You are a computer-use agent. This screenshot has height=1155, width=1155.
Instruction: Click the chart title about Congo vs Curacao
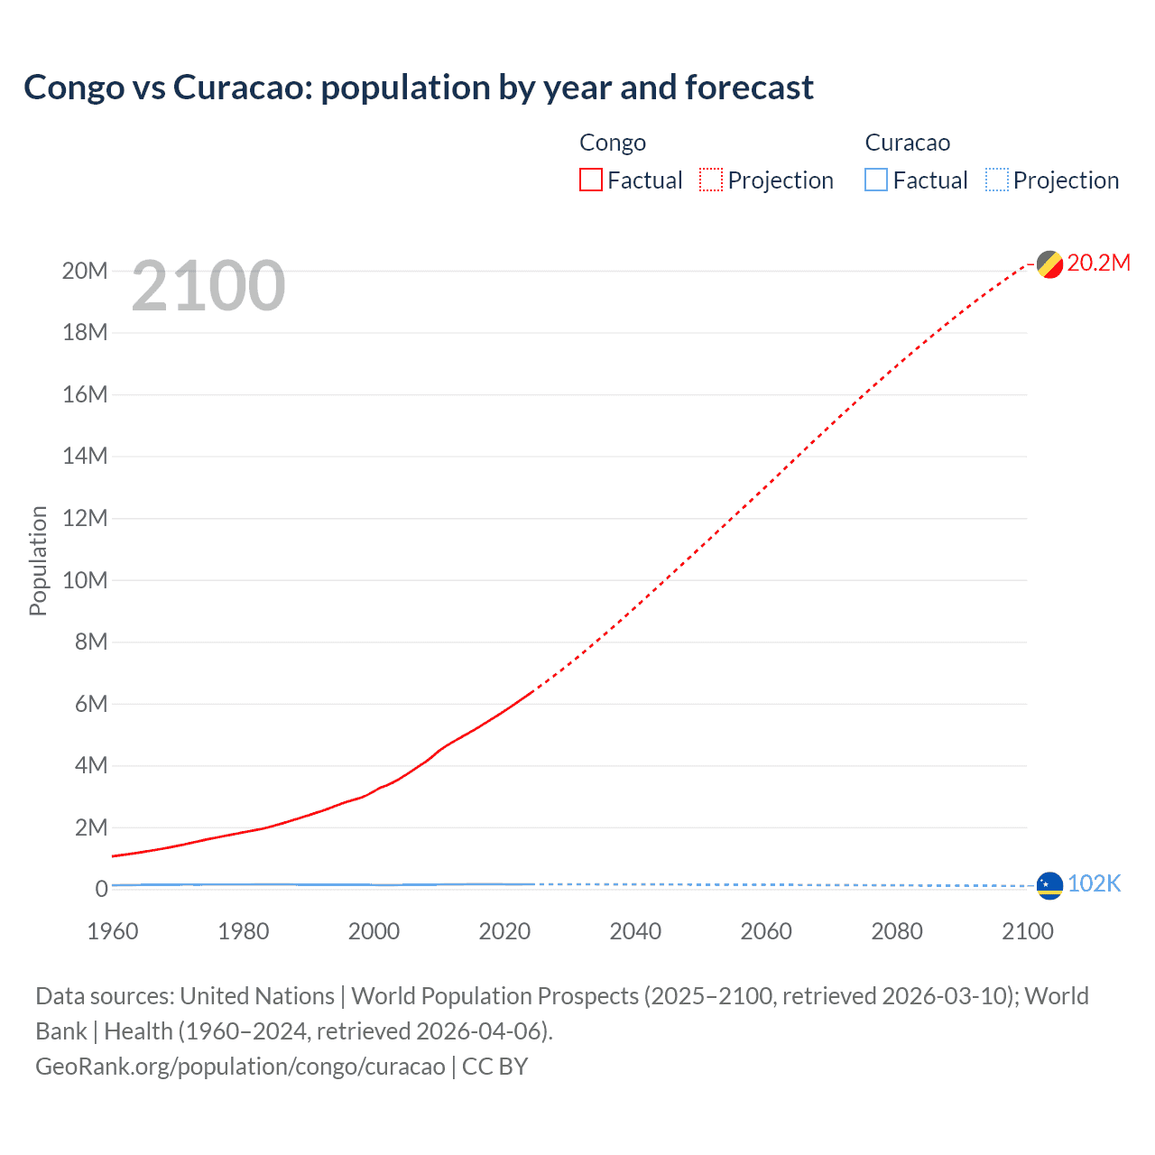point(419,88)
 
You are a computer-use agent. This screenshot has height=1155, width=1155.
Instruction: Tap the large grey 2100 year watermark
point(208,286)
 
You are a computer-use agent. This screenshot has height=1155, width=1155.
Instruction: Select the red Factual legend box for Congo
point(590,180)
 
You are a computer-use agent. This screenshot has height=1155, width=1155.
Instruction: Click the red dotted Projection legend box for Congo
point(711,180)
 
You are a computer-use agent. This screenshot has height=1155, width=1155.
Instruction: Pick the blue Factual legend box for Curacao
point(875,180)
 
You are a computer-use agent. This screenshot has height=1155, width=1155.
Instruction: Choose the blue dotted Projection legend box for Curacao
point(996,180)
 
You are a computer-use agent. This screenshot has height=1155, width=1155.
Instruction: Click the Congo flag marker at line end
point(1049,264)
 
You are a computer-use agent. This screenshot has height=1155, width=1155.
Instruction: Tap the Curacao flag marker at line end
point(1049,885)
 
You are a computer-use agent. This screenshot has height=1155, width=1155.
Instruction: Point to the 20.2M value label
point(1098,263)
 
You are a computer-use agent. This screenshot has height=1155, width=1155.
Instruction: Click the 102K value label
point(1094,883)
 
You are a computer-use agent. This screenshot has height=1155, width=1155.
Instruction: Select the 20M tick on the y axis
point(85,271)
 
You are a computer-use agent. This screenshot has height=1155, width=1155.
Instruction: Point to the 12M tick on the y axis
point(85,518)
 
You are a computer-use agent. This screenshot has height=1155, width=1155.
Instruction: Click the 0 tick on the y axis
point(101,889)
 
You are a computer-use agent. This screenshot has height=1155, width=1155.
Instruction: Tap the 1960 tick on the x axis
point(113,931)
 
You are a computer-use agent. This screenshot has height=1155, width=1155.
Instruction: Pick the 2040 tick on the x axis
point(635,931)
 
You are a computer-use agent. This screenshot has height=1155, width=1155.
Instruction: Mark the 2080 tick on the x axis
point(897,931)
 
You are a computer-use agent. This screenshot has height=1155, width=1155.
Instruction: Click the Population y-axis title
point(38,560)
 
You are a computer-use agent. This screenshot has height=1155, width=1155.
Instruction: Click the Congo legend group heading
point(613,143)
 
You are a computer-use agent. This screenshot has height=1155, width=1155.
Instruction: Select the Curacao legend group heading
point(907,143)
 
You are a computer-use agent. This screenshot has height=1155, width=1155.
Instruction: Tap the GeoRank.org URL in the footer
point(240,1066)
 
